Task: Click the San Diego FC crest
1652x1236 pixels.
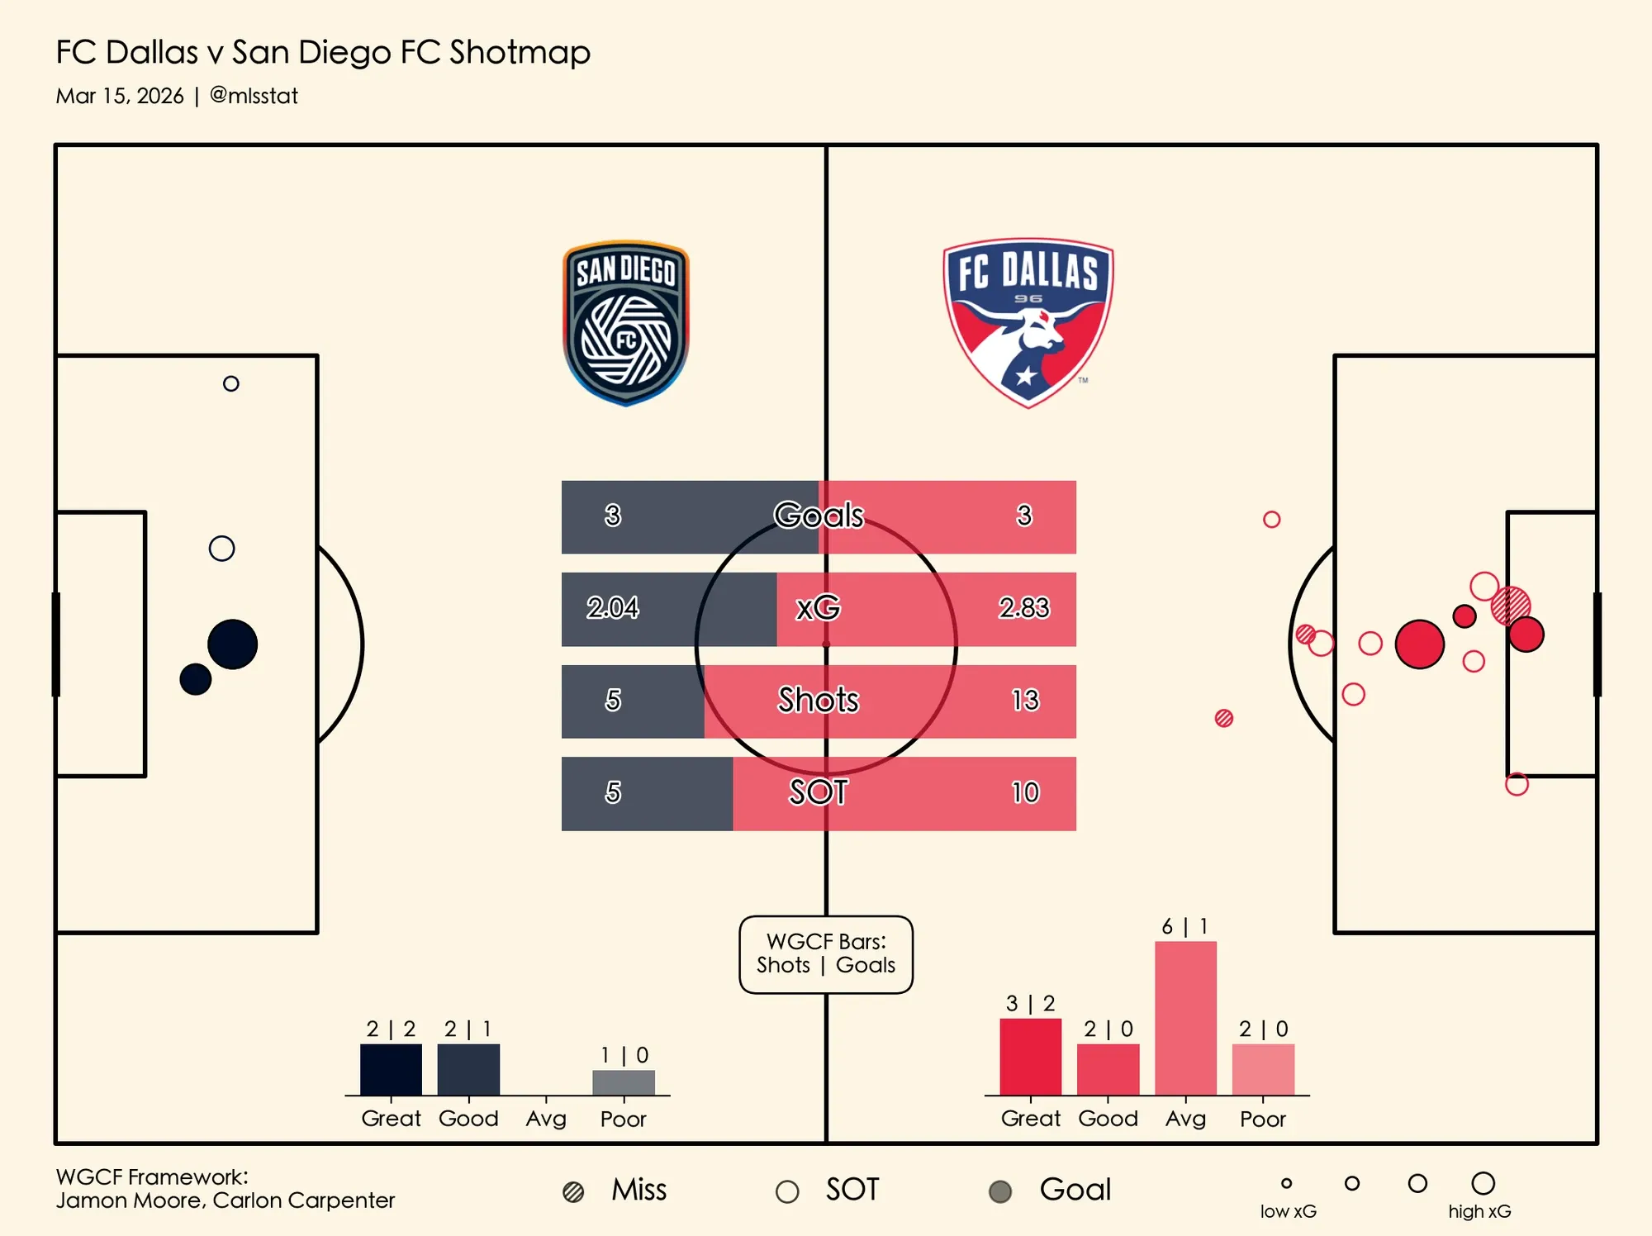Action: coord(626,323)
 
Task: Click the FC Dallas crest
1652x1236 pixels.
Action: coord(1028,322)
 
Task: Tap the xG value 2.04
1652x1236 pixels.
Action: coord(612,608)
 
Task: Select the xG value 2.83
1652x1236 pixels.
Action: coord(1024,608)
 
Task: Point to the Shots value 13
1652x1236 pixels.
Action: coord(1025,701)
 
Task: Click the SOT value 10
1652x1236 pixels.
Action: coord(1025,793)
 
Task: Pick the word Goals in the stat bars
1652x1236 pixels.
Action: coord(819,516)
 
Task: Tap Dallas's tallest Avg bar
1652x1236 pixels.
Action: coord(1185,1018)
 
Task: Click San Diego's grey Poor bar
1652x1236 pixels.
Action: coord(624,1082)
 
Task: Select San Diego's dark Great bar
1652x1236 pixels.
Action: coord(391,1069)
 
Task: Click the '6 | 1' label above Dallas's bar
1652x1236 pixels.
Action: coord(1185,926)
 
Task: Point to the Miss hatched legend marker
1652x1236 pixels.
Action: coord(573,1191)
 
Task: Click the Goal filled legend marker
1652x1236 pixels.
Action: coord(1000,1191)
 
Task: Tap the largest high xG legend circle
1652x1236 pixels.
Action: coord(1483,1183)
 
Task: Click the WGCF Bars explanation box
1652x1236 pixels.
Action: coord(826,954)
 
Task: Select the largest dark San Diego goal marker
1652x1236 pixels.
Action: coord(232,644)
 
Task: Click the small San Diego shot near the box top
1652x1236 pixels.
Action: coord(231,383)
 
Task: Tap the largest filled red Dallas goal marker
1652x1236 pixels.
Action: coord(1419,644)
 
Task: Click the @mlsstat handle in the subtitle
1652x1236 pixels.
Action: coord(254,96)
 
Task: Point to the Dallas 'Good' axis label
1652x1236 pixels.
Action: coord(1108,1119)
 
